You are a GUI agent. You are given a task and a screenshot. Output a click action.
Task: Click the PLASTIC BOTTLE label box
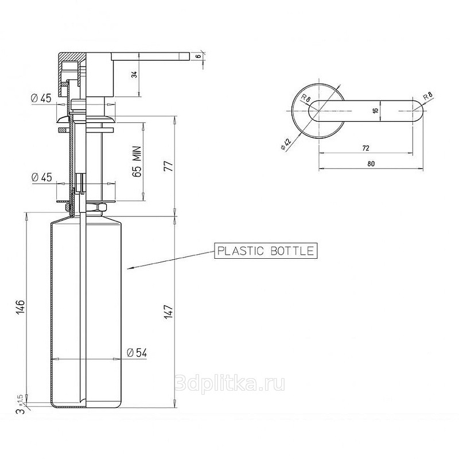pos(266,251)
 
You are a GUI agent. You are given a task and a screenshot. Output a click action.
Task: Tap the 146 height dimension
pos(21,307)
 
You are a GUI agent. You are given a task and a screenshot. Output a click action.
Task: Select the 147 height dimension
pos(169,312)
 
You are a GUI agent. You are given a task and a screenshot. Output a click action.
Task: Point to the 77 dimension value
pos(169,166)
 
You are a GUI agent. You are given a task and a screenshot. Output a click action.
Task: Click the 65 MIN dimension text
pos(137,162)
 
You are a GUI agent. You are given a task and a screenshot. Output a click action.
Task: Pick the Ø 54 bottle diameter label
pos(137,353)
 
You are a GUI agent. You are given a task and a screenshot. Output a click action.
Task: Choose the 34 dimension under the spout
pos(134,75)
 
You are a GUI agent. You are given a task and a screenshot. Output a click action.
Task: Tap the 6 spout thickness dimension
pos(199,56)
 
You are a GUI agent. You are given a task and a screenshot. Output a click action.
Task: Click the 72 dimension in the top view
pos(365,148)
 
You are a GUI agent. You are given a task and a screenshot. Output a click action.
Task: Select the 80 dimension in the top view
pos(371,164)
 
